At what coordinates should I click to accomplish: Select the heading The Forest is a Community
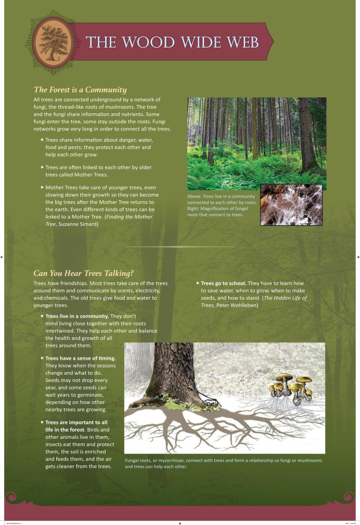pos(80,89)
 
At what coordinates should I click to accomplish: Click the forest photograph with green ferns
pos(256,143)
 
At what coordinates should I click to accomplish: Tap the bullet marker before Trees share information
pos(42,140)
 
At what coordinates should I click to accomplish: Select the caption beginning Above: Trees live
pos(221,196)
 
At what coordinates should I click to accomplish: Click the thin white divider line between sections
pos(179,247)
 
